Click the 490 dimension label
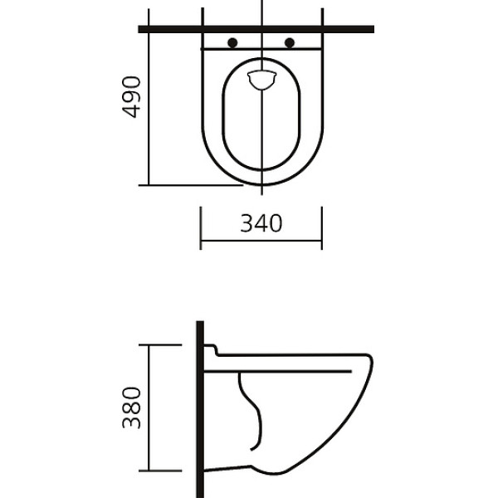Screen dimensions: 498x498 [x=131, y=97]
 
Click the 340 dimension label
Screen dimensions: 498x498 [x=261, y=223]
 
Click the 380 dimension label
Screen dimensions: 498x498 [x=131, y=408]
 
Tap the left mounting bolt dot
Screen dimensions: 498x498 [x=232, y=42]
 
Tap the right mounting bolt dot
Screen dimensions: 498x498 [x=290, y=42]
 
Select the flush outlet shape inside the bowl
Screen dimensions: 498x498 [x=261, y=80]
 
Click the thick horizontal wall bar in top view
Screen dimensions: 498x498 [x=256, y=29]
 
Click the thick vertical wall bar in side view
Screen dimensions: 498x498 [x=200, y=409]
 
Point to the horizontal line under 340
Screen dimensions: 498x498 [x=261, y=241]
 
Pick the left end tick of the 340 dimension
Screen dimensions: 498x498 [x=200, y=228]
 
